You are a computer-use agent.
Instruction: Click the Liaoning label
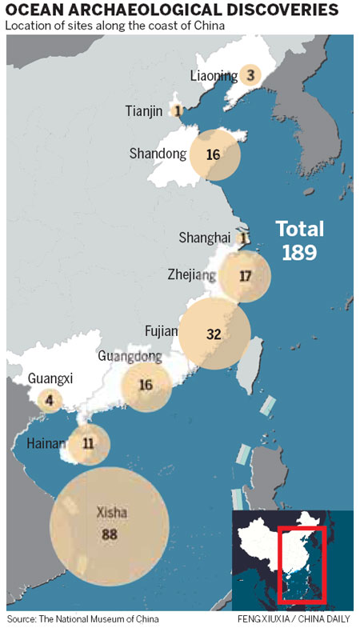(x=214, y=76)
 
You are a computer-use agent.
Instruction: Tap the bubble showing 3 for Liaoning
(x=250, y=75)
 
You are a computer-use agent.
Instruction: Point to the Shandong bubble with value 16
(x=214, y=154)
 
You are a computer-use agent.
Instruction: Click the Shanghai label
(x=206, y=238)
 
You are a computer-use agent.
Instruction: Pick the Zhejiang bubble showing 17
(x=246, y=276)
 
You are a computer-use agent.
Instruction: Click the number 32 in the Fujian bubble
(x=214, y=334)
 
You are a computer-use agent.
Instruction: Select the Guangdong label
(x=130, y=357)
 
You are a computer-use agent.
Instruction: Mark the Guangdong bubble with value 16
(x=146, y=385)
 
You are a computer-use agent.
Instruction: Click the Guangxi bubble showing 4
(x=50, y=400)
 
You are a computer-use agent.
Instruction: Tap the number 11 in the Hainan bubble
(x=88, y=442)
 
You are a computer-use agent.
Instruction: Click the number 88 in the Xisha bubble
(x=110, y=533)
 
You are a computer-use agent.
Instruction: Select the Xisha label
(x=110, y=512)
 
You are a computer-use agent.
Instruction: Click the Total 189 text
(x=300, y=240)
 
